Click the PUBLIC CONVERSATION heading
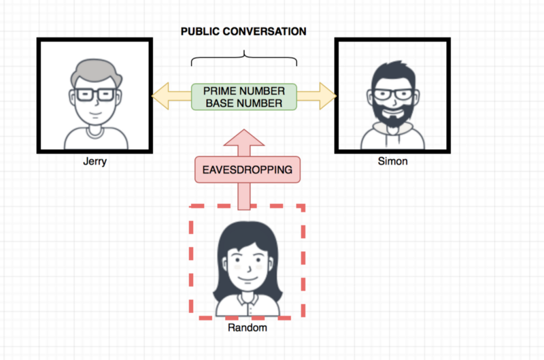pyautogui.click(x=243, y=31)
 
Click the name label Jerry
pyautogui.click(x=95, y=161)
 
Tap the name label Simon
pyautogui.click(x=393, y=161)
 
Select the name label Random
pyautogui.click(x=248, y=327)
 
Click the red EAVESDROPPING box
pyautogui.click(x=248, y=169)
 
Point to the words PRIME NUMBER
pyautogui.click(x=244, y=91)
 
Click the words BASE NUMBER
pyautogui.click(x=244, y=103)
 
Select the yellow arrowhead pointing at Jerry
pyautogui.click(x=160, y=96)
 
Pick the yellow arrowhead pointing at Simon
pyautogui.click(x=328, y=96)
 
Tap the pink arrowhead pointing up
pyautogui.click(x=244, y=137)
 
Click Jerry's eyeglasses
pyautogui.click(x=95, y=95)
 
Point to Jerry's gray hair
pyautogui.click(x=96, y=73)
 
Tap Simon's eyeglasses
pyautogui.click(x=394, y=95)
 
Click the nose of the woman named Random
pyautogui.click(x=249, y=269)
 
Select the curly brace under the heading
pyautogui.click(x=244, y=58)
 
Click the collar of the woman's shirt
pyautogui.click(x=248, y=299)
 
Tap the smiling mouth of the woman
pyautogui.click(x=248, y=279)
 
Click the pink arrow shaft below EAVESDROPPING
pyautogui.click(x=244, y=196)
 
